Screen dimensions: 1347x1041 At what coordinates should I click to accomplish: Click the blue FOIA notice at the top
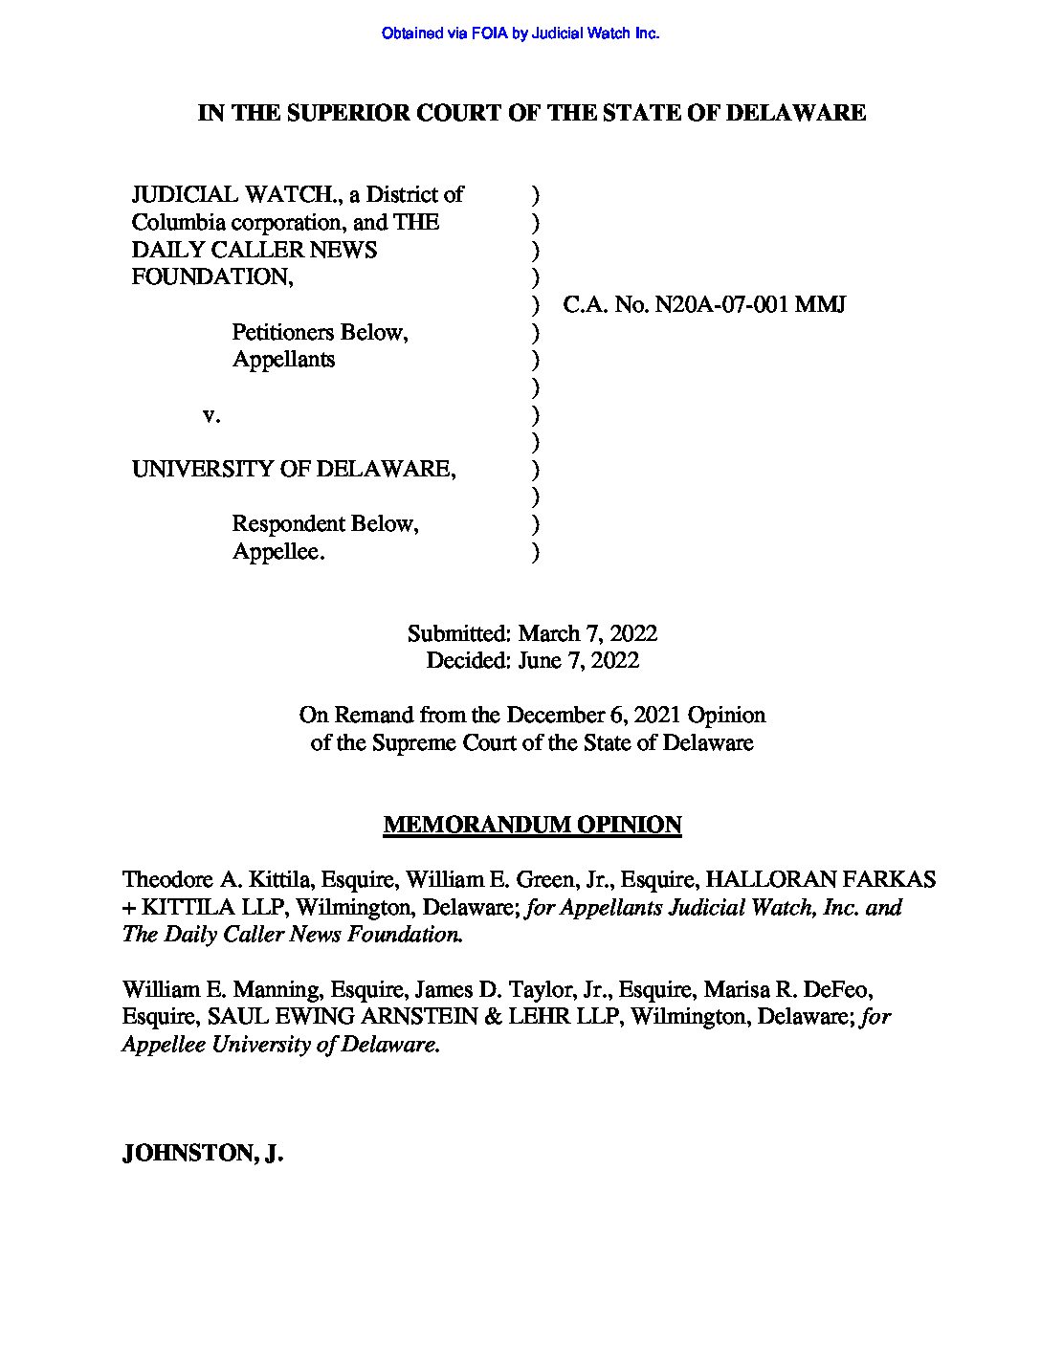pyautogui.click(x=520, y=33)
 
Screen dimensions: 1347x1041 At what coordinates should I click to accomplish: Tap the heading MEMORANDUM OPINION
pyautogui.click(x=532, y=825)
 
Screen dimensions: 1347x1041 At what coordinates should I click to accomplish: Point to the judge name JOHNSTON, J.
pyautogui.click(x=203, y=1154)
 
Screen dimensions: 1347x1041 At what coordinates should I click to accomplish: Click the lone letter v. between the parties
pyautogui.click(x=211, y=415)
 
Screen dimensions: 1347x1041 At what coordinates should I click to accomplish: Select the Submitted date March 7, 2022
pyautogui.click(x=587, y=633)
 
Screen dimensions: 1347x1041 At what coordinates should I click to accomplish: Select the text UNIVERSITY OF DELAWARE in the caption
pyautogui.click(x=293, y=470)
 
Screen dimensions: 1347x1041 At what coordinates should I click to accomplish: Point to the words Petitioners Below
pyautogui.click(x=320, y=333)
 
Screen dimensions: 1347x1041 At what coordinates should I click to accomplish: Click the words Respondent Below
pyautogui.click(x=325, y=524)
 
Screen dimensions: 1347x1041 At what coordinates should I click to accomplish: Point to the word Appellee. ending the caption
pyautogui.click(x=278, y=552)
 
